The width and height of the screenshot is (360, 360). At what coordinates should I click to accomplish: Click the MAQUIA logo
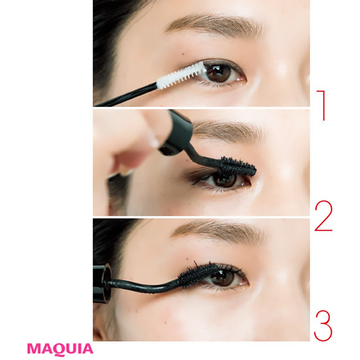point(60,348)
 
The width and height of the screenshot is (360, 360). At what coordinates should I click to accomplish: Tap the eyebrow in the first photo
point(215,25)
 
